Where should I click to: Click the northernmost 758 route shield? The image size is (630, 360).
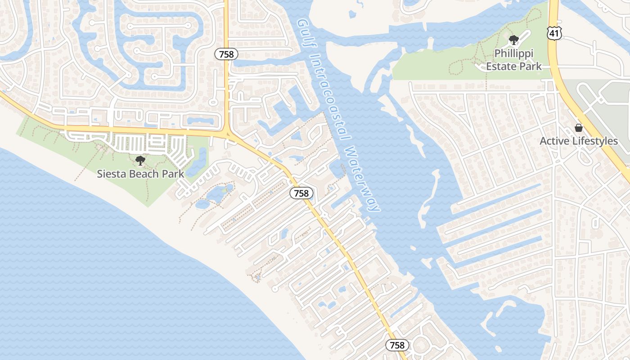pyautogui.click(x=226, y=54)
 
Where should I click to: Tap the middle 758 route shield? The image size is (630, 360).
pyautogui.click(x=301, y=193)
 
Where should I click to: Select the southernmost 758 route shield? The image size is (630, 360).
pyautogui.click(x=397, y=345)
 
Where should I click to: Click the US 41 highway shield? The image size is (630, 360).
pyautogui.click(x=553, y=32)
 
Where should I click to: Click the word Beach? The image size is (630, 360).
pyautogui.click(x=144, y=174)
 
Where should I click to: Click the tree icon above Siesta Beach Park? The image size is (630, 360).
pyautogui.click(x=140, y=160)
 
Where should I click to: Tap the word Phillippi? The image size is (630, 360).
pyautogui.click(x=513, y=54)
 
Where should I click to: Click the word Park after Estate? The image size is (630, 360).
pyautogui.click(x=530, y=67)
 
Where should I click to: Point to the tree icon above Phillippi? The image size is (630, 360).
pyautogui.click(x=513, y=40)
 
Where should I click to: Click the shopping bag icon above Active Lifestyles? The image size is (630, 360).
pyautogui.click(x=579, y=128)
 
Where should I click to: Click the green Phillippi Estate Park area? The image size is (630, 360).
pyautogui.click(x=432, y=67)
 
